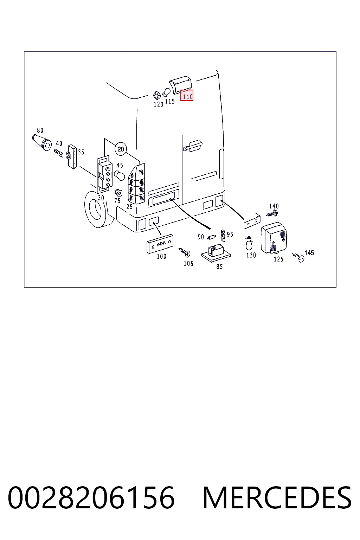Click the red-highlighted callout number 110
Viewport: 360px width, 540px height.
tap(187, 95)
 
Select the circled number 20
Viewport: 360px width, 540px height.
tap(121, 149)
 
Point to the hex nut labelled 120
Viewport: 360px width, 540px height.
tap(157, 95)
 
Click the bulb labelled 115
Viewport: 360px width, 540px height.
tap(167, 92)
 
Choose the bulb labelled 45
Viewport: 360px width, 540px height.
tap(120, 175)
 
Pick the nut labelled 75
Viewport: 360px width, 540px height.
tap(118, 193)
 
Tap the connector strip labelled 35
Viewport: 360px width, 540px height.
tap(72, 157)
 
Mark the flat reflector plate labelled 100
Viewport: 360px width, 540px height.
tap(160, 244)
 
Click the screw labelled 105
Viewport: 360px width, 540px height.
tap(185, 252)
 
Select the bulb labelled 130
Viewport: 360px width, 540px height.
tap(249, 244)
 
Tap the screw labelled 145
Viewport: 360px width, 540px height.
tap(298, 257)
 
